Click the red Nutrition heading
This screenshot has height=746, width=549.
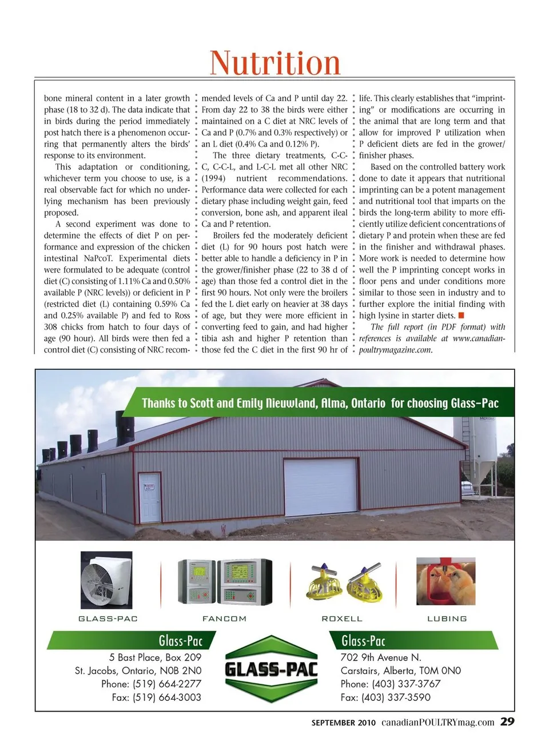coord(275,62)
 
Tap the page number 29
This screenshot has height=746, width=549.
coord(507,721)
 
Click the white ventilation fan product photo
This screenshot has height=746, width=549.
coord(106,580)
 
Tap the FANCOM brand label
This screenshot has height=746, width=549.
coord(225,619)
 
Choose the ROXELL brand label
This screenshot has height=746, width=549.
coord(342,619)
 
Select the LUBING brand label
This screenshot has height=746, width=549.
coord(447,619)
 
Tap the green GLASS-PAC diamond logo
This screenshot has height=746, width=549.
coord(271,669)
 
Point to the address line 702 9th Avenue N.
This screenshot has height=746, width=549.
coord(381,657)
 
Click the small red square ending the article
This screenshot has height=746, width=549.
coord(461,315)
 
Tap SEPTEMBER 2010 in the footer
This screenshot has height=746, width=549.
coord(344,723)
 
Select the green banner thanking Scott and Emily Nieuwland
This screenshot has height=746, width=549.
coord(320,403)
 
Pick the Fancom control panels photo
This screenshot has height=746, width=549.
coord(225,581)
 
